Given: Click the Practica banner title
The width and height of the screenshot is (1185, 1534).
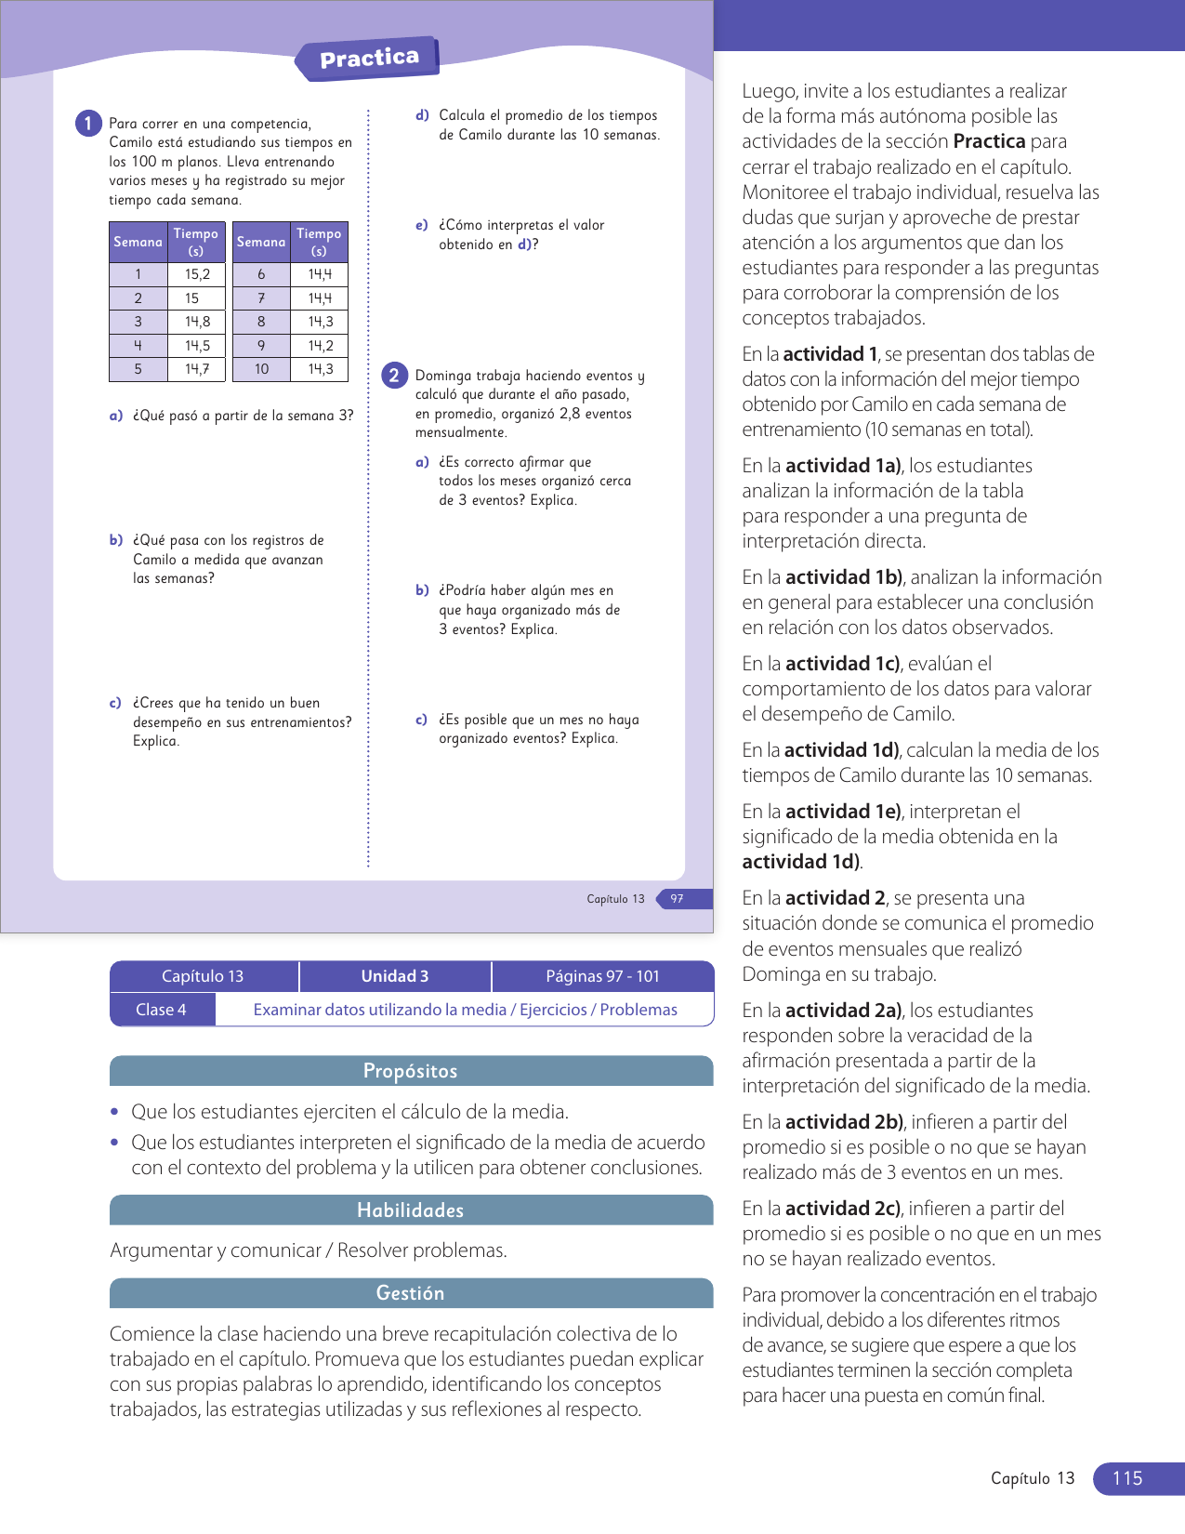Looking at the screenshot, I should click(369, 59).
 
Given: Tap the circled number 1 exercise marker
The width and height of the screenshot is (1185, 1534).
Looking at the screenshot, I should click(88, 124).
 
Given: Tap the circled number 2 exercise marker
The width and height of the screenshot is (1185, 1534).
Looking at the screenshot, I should click(394, 376).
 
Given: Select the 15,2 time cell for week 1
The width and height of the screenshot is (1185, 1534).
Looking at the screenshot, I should click(197, 274).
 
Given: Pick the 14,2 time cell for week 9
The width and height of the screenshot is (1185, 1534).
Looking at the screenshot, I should click(321, 346).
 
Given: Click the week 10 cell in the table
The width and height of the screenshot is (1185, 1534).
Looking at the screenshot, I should click(261, 369).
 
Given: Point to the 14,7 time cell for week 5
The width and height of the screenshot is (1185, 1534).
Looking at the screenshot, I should click(197, 369).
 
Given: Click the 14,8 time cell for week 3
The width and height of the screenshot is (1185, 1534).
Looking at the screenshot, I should click(197, 322).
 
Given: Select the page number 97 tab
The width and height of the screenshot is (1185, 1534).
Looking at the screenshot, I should click(678, 899).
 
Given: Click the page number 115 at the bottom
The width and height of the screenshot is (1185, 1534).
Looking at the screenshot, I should click(1127, 1478).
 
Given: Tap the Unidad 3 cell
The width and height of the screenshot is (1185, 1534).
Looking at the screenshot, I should click(395, 976).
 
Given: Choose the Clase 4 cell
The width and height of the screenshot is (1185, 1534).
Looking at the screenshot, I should click(162, 1010).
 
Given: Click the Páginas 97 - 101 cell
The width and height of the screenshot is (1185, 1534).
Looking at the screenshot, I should click(602, 976).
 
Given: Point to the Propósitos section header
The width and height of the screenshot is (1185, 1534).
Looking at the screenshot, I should click(410, 1071).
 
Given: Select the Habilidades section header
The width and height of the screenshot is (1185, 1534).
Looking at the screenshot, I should click(410, 1210).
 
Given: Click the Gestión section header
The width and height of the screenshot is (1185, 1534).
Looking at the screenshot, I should click(410, 1293).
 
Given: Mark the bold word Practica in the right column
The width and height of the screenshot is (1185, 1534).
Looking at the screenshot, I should click(989, 141).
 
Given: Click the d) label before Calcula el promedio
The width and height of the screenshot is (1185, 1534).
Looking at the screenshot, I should click(423, 115).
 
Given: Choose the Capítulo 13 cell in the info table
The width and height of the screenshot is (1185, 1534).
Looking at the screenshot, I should click(203, 976).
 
